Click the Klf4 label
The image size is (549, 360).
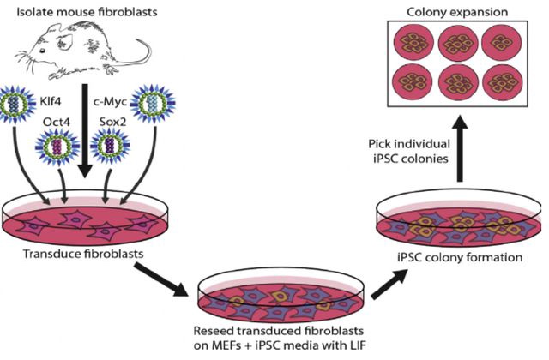[x=50, y=101]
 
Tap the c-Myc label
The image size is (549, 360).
[x=109, y=102]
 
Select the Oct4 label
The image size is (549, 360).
[x=57, y=122]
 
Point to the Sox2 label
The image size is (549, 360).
[x=112, y=122]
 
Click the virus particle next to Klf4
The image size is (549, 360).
[x=15, y=104]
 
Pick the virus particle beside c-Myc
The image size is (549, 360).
[x=153, y=104]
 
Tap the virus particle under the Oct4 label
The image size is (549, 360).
[x=57, y=147]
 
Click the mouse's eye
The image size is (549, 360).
[x=42, y=51]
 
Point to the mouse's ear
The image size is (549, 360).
[x=64, y=41]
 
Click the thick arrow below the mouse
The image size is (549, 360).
[x=85, y=130]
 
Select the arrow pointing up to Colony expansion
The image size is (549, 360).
[x=460, y=148]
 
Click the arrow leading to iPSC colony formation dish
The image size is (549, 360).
[x=389, y=284]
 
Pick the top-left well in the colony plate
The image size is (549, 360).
[x=413, y=43]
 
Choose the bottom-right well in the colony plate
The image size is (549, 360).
[x=503, y=82]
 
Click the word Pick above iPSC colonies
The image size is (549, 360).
[x=379, y=144]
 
